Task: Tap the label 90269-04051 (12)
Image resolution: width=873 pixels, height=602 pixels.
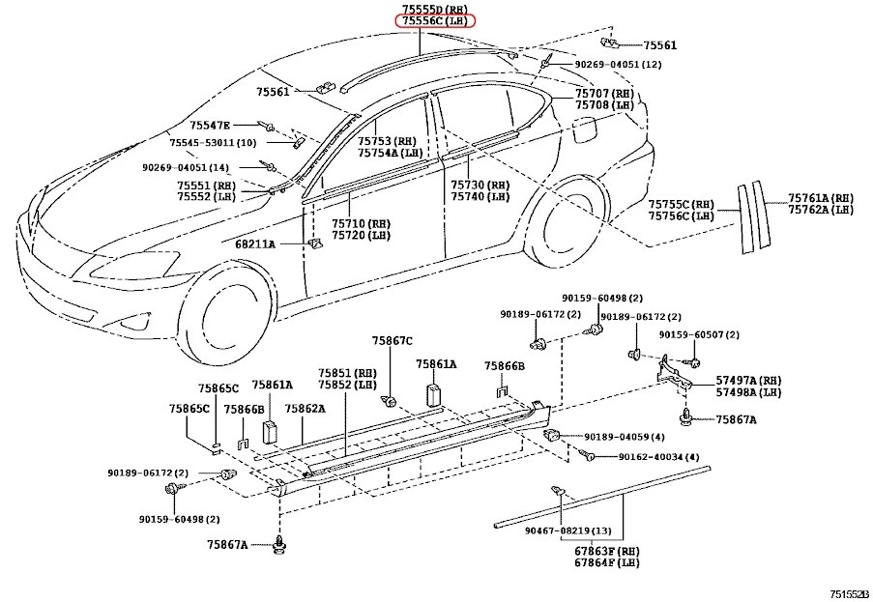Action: [x=618, y=64]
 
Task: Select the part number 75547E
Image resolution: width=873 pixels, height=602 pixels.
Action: [x=210, y=125]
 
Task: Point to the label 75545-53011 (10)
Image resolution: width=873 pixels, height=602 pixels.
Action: [x=213, y=143]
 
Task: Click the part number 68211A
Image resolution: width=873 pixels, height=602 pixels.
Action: [x=255, y=244]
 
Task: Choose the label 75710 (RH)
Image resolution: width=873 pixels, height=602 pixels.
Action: [x=361, y=222]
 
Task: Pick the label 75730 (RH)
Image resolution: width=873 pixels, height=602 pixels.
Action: [x=480, y=185]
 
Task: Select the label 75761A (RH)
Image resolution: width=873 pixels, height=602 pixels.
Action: [x=820, y=197]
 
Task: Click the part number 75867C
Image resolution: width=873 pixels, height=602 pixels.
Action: [x=393, y=340]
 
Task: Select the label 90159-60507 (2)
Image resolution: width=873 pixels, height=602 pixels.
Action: [x=699, y=334]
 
